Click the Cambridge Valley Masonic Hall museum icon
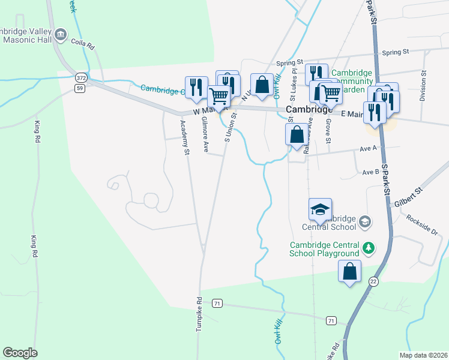click(x=61, y=35)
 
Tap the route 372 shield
click(x=81, y=78)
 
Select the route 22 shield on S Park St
click(x=374, y=281)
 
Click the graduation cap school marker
click(x=321, y=209)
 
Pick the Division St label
click(x=423, y=87)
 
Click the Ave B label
click(x=370, y=172)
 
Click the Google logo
click(x=20, y=353)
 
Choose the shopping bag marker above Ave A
click(x=297, y=134)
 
